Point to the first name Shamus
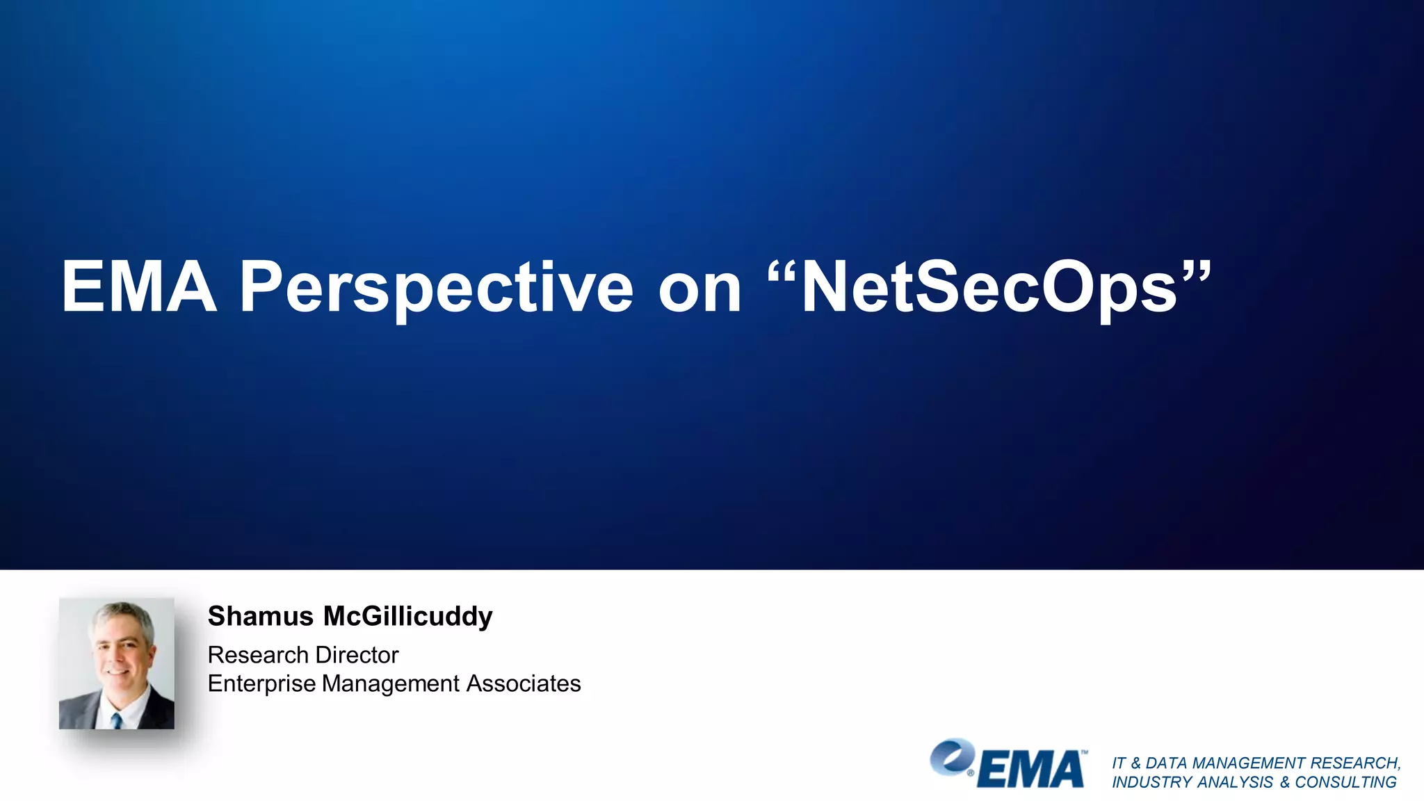261,616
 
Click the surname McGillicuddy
408,617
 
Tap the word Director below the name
357,655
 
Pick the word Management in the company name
391,684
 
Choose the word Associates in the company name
524,683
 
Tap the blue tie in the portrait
117,720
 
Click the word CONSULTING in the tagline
1345,782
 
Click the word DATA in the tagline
1166,763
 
